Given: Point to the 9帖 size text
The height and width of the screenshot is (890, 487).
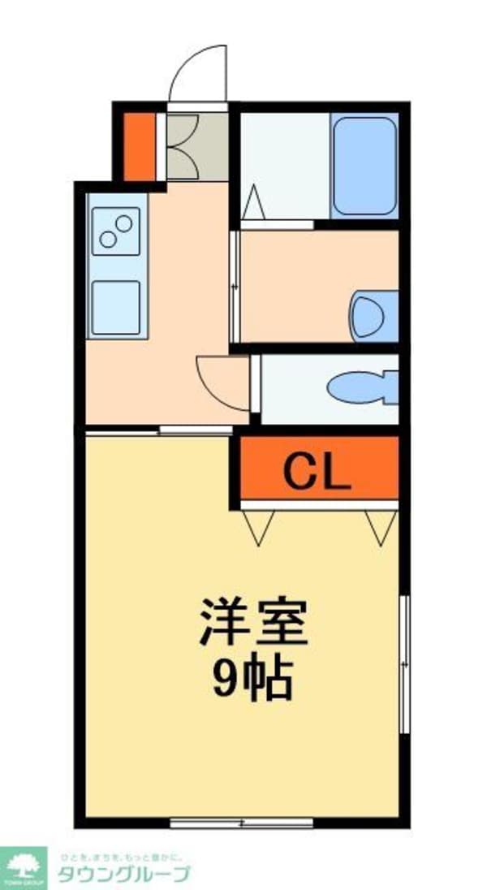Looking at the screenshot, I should (252, 680).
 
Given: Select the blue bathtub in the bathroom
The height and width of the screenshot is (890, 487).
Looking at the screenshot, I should (364, 164).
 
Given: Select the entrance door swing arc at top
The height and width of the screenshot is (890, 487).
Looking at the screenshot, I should (198, 75).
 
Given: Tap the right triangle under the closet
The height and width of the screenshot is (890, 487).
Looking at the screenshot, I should (378, 525).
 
